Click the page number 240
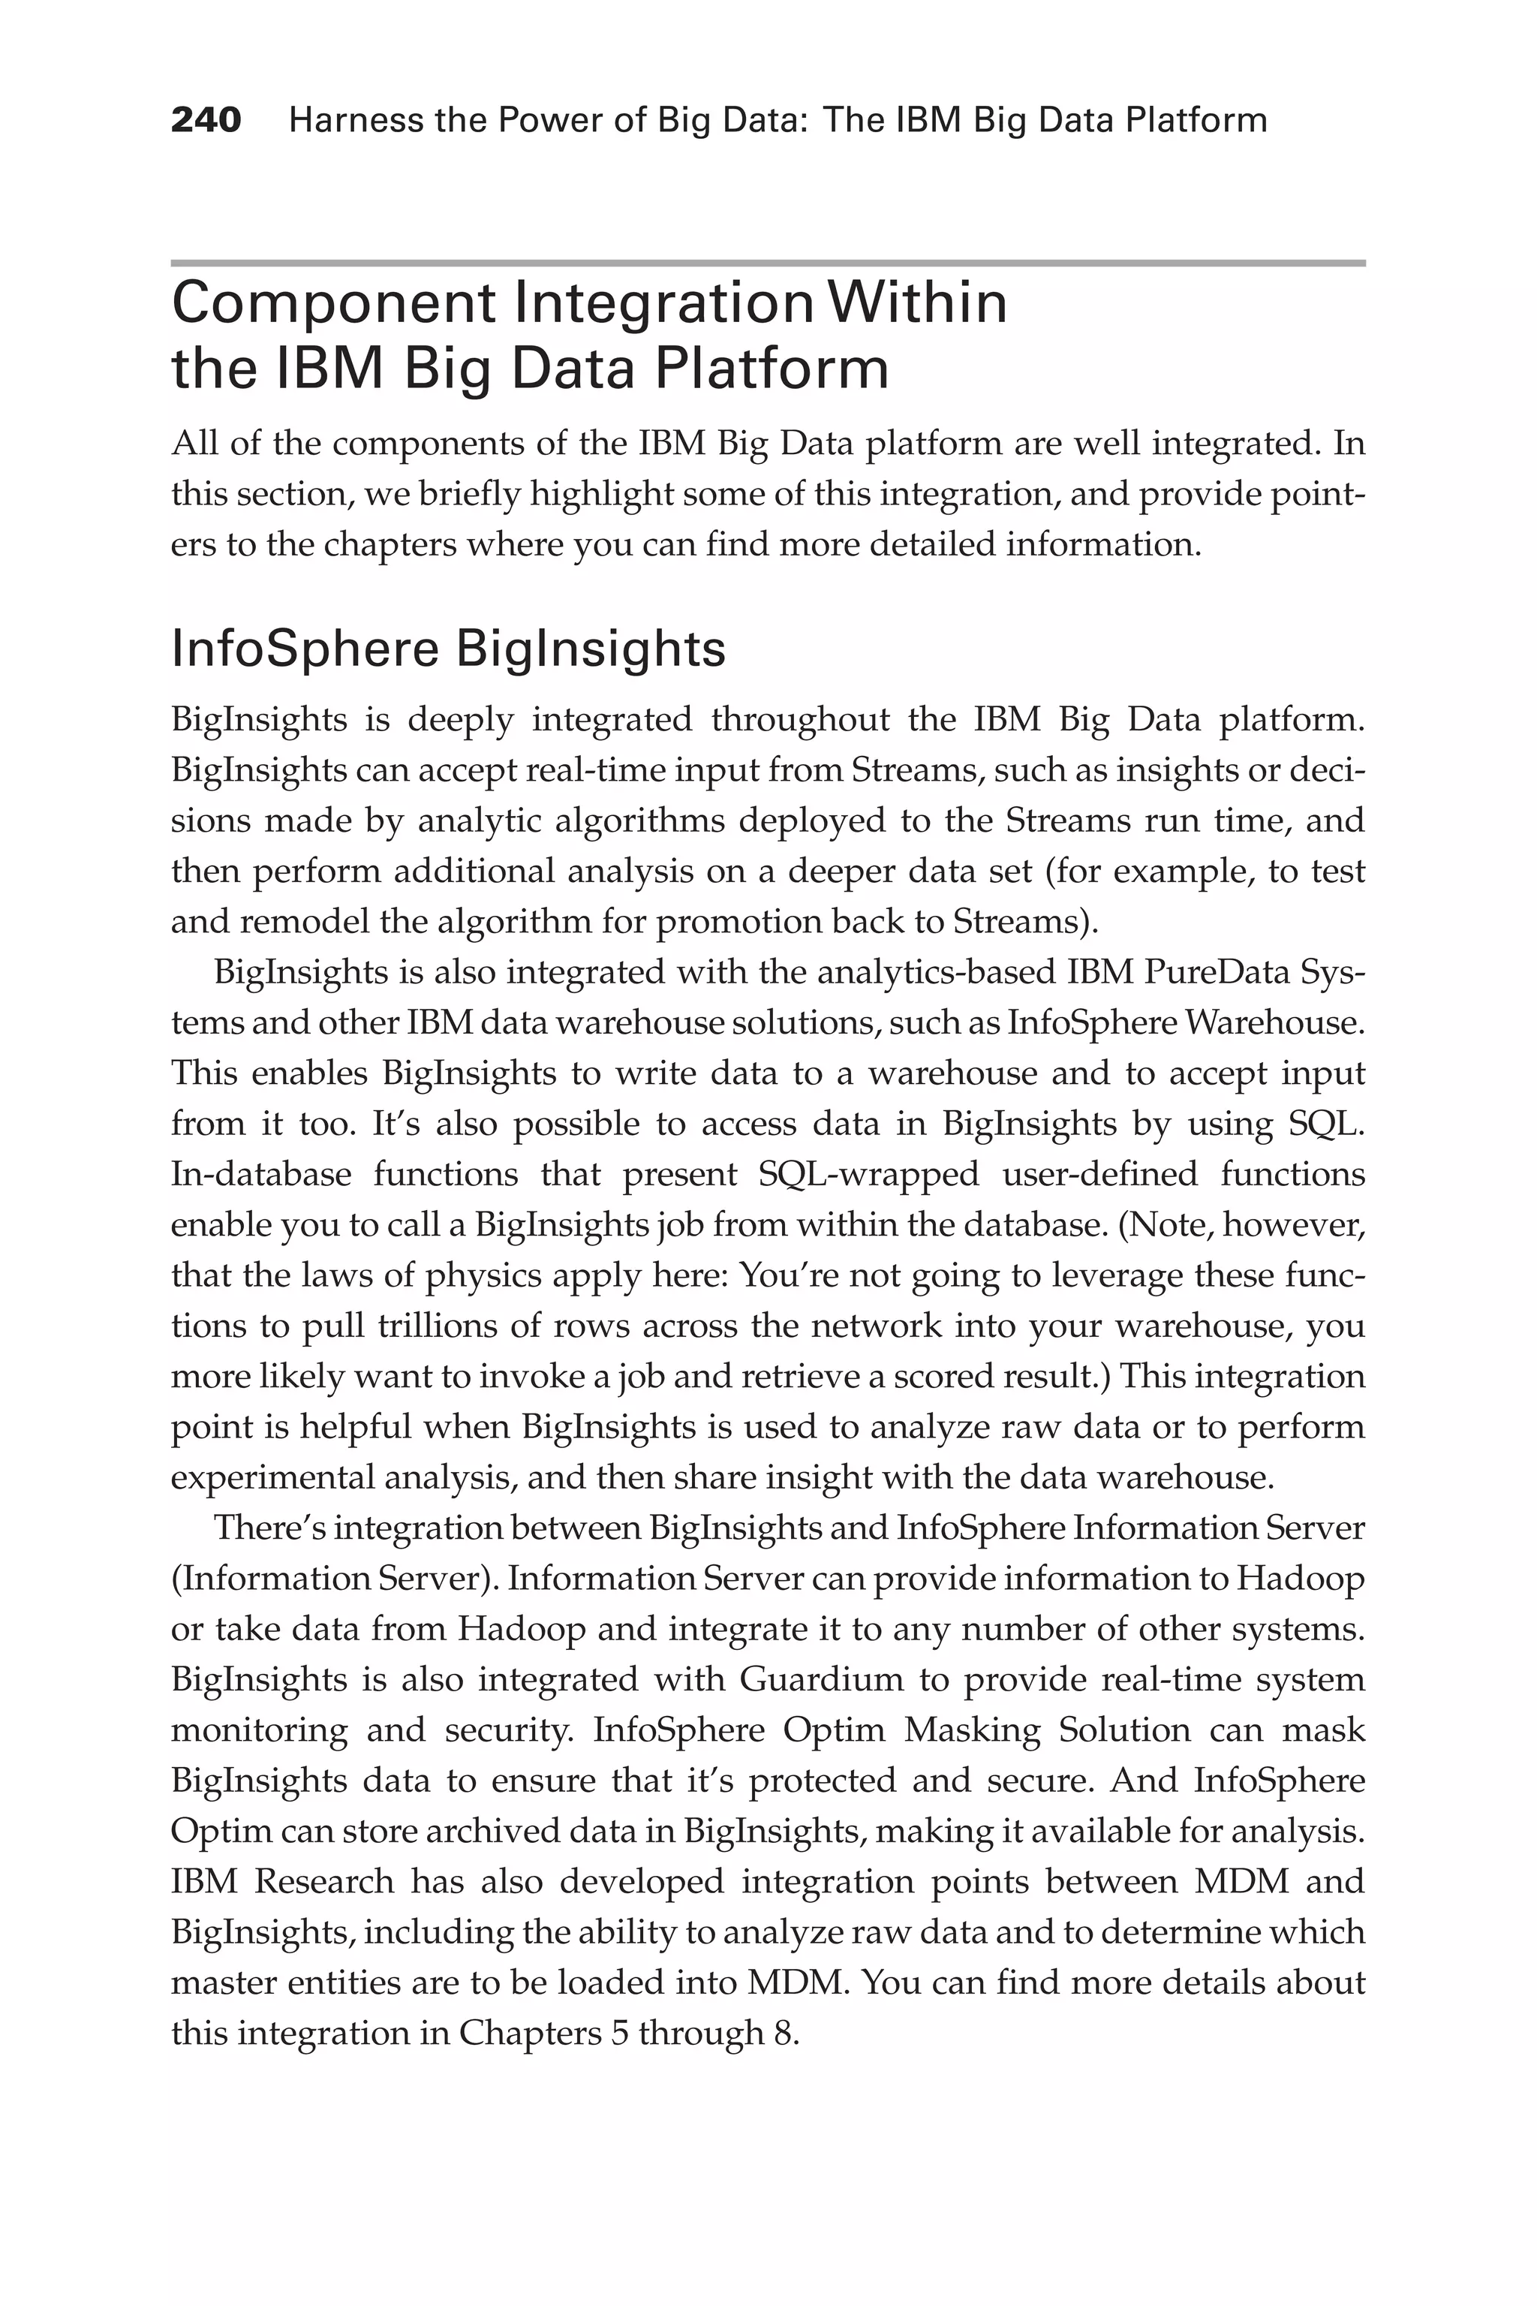tap(206, 121)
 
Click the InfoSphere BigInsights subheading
tap(448, 649)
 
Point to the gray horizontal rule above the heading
tap(768, 263)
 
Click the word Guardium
tap(822, 1679)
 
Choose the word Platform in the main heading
tap(772, 369)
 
